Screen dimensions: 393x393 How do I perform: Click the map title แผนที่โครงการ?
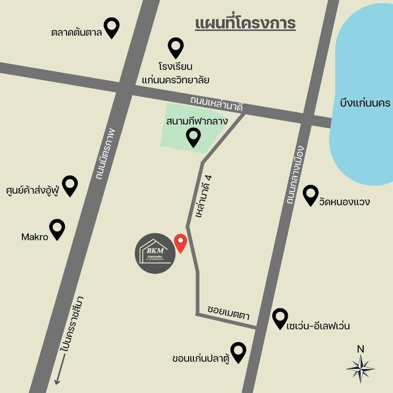tap(245, 24)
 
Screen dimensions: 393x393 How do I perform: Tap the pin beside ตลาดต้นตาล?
tap(112, 27)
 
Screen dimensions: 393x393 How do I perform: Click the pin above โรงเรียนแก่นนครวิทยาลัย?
tap(176, 47)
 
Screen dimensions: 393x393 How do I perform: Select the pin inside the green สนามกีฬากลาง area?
tap(194, 137)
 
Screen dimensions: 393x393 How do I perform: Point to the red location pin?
tap(181, 243)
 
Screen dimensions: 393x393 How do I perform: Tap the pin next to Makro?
tap(57, 229)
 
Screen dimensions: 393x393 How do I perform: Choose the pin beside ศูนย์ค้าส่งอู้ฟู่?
tap(70, 185)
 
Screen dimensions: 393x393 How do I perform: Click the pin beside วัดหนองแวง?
tap(311, 195)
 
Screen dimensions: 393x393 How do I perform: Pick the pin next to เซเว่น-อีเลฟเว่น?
tap(280, 318)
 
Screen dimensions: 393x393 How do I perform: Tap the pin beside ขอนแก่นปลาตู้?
tap(239, 352)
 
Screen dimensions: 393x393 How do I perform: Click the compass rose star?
tap(361, 369)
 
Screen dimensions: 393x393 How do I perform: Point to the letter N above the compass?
tap(361, 349)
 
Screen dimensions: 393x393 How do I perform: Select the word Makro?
tap(35, 237)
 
